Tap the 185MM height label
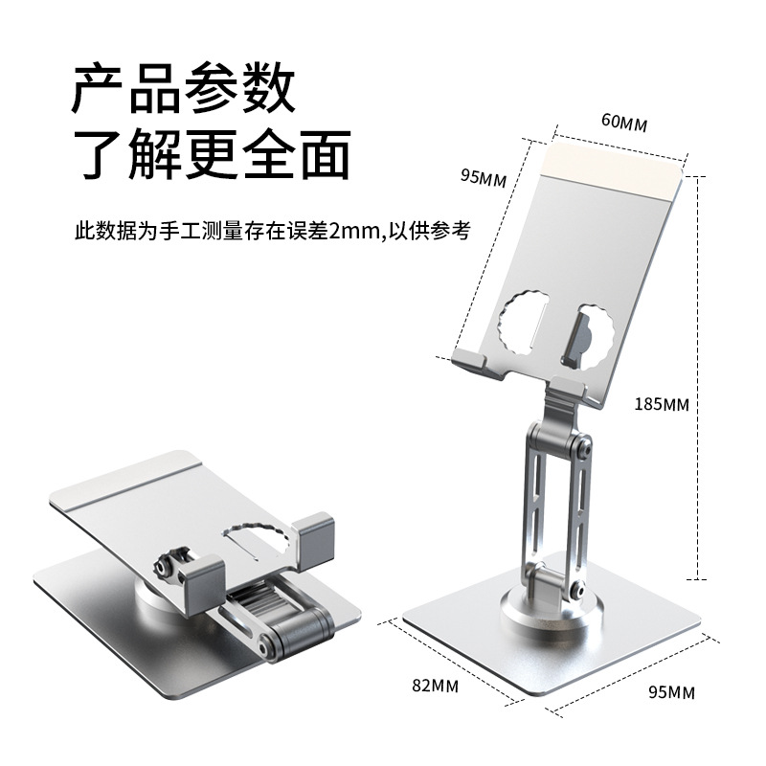(663, 403)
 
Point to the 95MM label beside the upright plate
(483, 177)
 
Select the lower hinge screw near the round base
(577, 591)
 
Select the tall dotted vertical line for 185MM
(699, 383)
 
